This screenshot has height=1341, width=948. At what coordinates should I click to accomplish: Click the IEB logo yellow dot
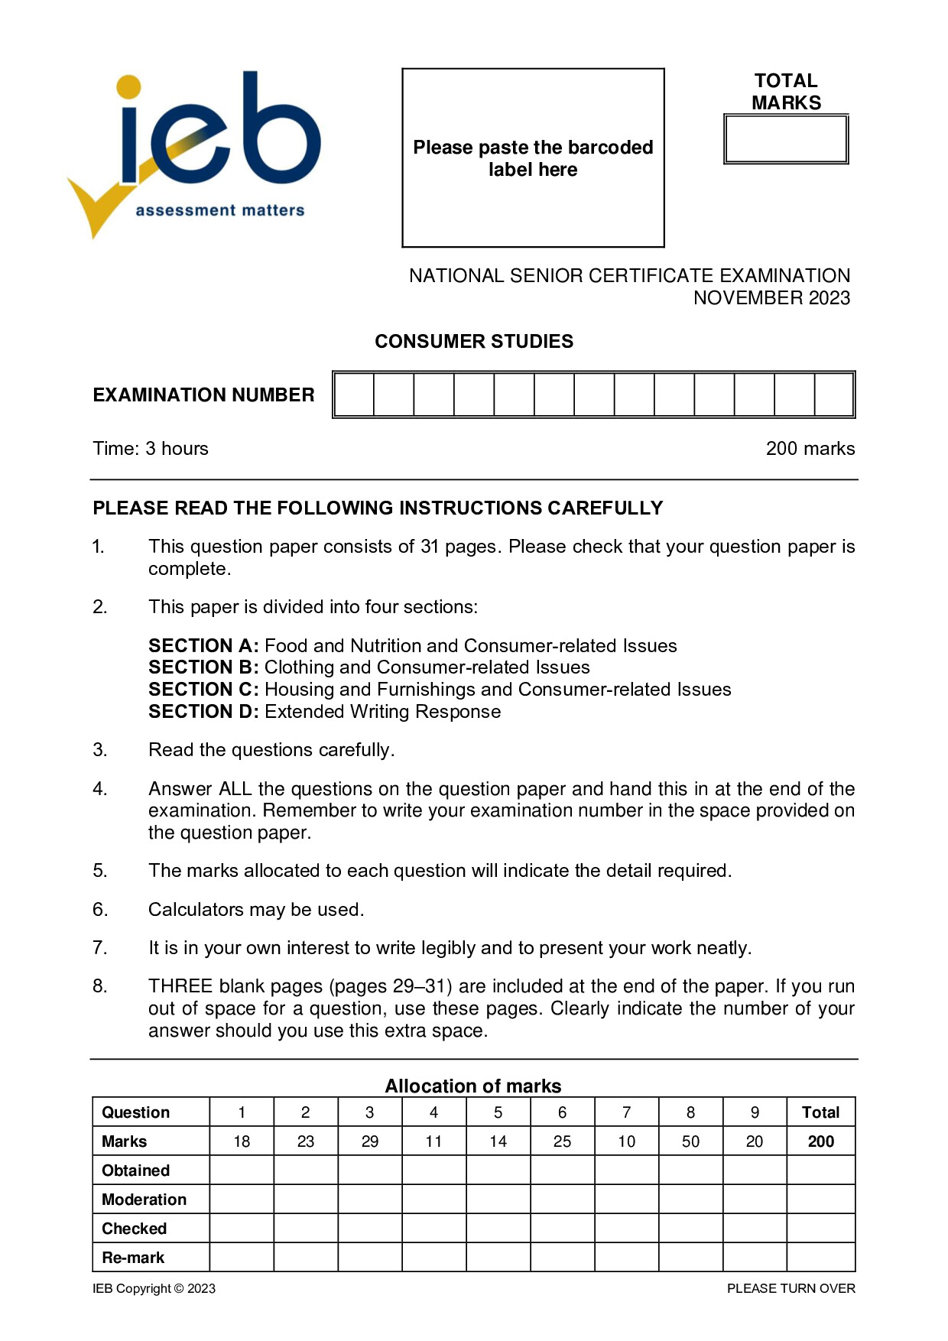coord(129,86)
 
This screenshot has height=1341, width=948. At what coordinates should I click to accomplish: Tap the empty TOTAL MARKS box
coord(786,139)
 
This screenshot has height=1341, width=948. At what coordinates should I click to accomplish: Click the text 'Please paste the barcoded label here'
coord(533,158)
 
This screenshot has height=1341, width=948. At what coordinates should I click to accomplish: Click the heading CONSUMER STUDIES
coord(473,341)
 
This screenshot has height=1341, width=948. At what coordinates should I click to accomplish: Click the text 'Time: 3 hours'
coord(151,449)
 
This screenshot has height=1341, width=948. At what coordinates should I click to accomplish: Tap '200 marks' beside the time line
coord(810,449)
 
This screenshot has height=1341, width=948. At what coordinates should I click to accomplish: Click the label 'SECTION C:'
coord(203,690)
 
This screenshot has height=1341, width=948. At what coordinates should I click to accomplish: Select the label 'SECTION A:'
coord(203,646)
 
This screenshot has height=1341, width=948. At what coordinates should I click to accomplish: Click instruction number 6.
coord(100,910)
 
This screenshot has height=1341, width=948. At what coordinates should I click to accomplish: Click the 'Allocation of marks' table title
coord(472,1086)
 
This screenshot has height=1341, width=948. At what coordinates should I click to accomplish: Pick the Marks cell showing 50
coord(690,1141)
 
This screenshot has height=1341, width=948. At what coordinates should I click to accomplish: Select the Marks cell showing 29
coord(369,1141)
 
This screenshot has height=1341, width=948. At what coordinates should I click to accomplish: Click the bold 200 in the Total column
coord(820,1141)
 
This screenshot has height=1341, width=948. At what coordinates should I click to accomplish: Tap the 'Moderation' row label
coord(144,1200)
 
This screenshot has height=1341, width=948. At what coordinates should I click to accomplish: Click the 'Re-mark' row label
coord(133,1258)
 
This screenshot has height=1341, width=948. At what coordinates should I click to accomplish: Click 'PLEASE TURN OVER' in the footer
coord(791,1288)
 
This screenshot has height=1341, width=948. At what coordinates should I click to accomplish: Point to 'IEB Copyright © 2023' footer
coord(154,1288)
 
